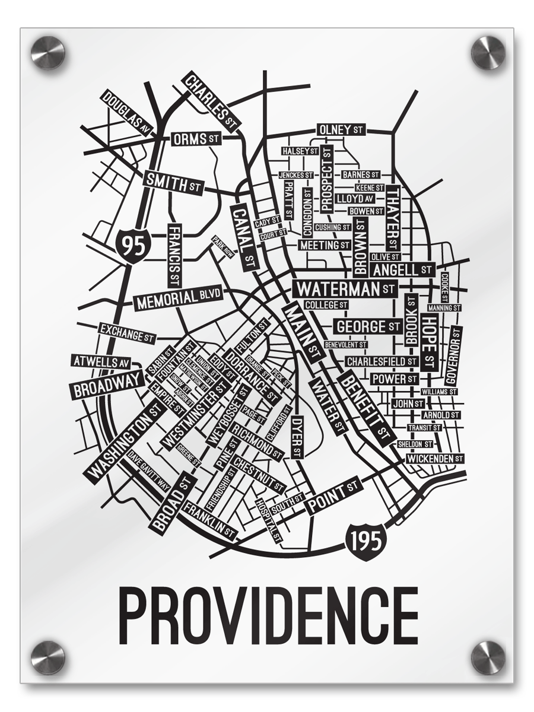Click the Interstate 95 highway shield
coord(132,243)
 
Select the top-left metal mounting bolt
coord(47,52)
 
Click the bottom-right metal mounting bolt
coord(488,657)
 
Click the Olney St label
coord(341,129)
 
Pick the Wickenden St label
coord(434,459)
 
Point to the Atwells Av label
coord(101,361)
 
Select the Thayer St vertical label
coord(393,217)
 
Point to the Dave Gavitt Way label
coord(150,476)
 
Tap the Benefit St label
coord(367,409)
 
